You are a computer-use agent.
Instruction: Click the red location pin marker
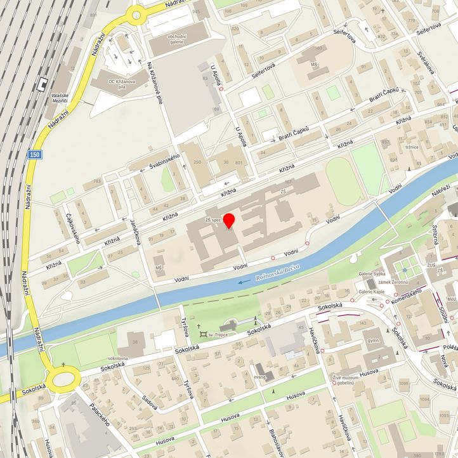[x=229, y=221]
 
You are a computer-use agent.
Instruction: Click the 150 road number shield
[x=36, y=154]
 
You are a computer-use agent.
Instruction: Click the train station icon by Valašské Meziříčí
[x=43, y=83]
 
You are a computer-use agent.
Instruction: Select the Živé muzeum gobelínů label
[x=351, y=381]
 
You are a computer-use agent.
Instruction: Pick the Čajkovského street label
[x=74, y=227]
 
